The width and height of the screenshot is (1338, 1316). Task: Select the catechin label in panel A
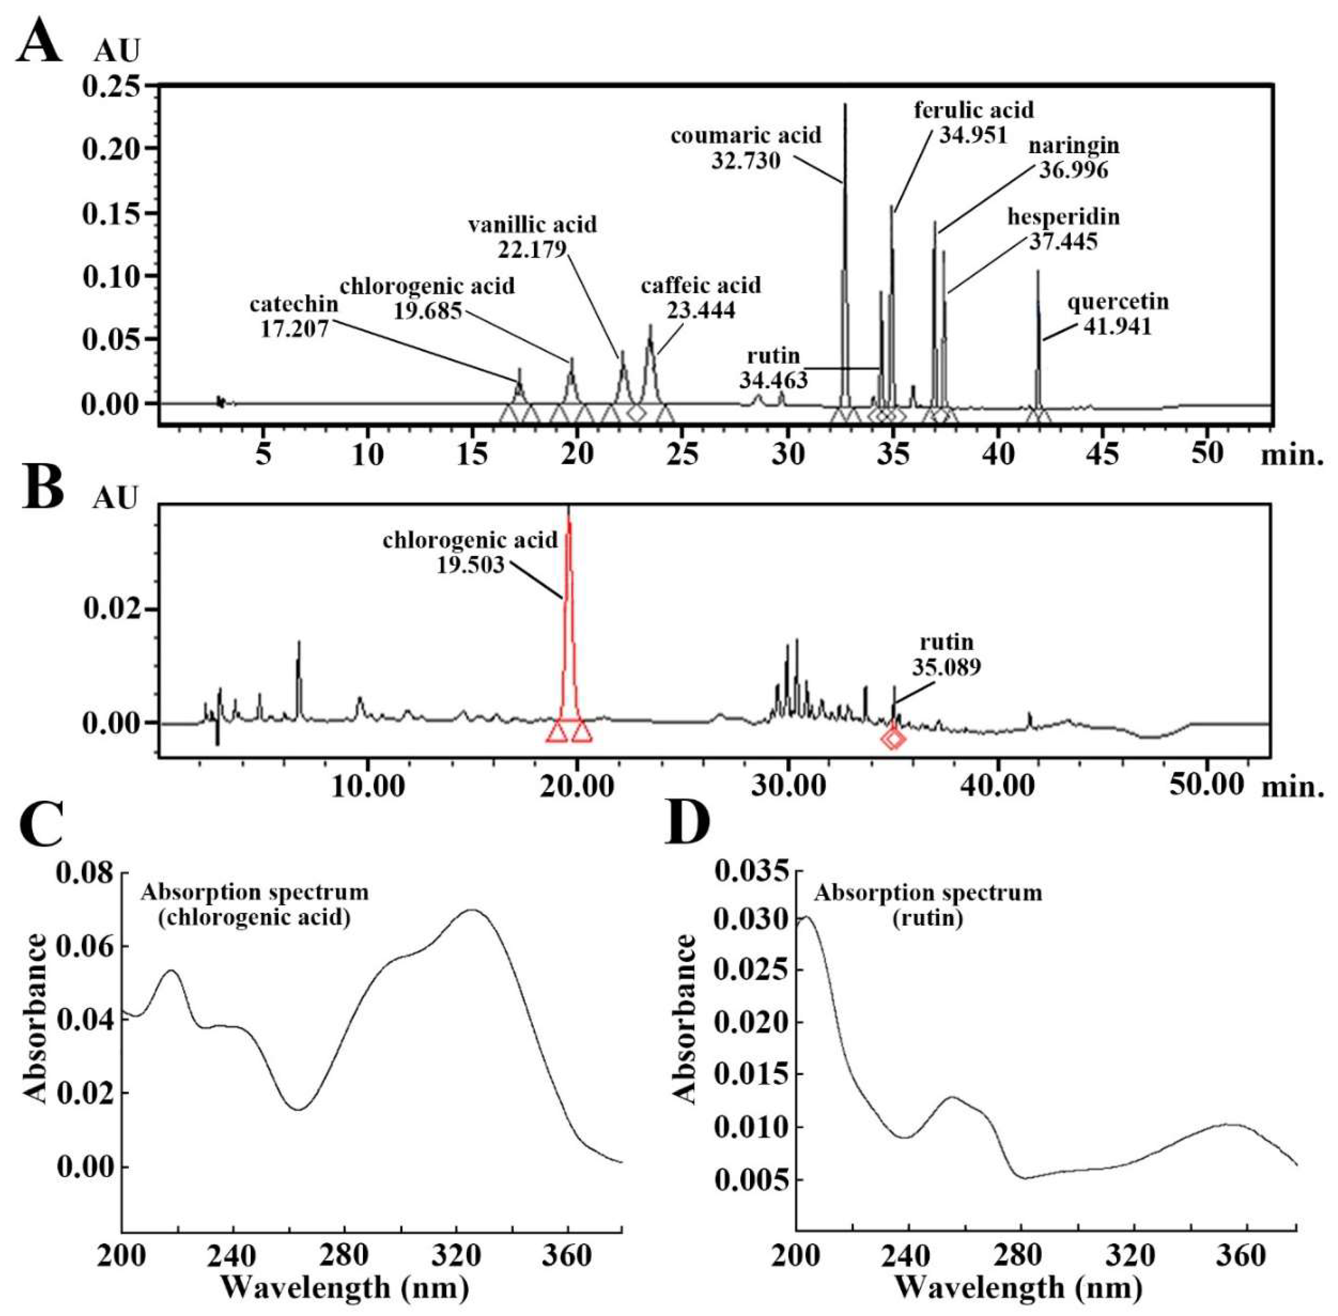[294, 304]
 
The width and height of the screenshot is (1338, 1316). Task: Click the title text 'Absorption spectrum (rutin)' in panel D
[928, 905]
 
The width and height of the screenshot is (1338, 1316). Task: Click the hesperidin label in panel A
[1063, 217]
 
